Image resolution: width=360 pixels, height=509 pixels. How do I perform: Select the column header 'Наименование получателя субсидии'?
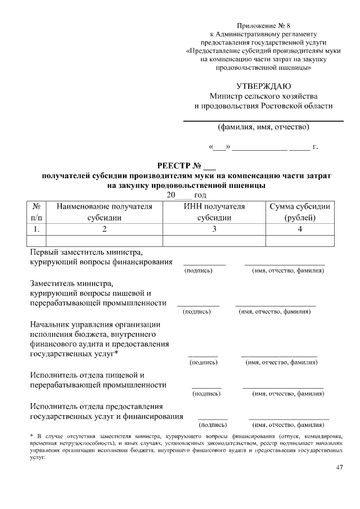pos(104,212)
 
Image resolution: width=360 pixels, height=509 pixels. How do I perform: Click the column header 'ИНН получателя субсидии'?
pos(214,212)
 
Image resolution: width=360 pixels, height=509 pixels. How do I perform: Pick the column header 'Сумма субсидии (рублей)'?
pos(300,212)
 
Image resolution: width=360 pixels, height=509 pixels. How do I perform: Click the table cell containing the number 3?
pos(214,229)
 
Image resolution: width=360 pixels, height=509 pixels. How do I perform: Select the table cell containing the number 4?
pos(300,229)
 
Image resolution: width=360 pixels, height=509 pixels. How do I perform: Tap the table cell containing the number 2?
pos(104,229)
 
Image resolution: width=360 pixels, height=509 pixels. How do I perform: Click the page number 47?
pos(339,468)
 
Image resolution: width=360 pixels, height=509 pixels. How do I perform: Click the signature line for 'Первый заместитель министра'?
pos(204,264)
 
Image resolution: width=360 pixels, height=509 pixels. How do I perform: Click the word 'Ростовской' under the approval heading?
pos(288,106)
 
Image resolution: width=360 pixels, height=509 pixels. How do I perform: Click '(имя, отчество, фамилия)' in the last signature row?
pos(289,425)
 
